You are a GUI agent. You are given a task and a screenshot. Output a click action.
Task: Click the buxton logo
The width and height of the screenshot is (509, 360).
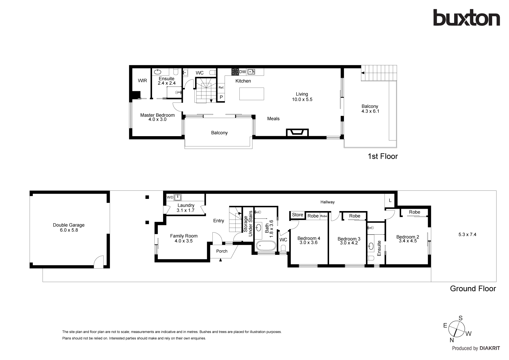(x=466, y=18)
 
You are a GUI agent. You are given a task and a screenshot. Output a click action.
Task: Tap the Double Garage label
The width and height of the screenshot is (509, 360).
(x=69, y=225)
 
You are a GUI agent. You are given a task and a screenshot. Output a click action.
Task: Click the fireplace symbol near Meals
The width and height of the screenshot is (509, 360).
(x=297, y=132)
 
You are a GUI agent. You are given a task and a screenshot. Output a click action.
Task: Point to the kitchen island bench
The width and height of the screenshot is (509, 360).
(x=252, y=94)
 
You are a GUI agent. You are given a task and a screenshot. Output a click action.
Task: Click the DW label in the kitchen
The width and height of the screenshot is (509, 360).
(x=243, y=72)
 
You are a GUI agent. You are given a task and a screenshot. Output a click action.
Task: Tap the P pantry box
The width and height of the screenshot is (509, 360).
(x=221, y=97)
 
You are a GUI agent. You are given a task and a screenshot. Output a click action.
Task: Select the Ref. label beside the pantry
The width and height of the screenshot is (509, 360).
(x=221, y=87)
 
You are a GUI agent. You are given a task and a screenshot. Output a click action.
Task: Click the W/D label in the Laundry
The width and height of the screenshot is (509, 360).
(x=170, y=197)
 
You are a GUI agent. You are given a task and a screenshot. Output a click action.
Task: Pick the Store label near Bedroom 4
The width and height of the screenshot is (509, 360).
(x=297, y=215)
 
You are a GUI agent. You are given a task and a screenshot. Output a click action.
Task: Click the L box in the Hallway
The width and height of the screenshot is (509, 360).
(x=390, y=201)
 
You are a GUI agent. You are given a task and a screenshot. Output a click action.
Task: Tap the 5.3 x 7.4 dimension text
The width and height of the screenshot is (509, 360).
(x=467, y=235)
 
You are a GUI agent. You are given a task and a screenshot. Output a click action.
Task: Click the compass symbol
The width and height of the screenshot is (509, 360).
(x=457, y=329)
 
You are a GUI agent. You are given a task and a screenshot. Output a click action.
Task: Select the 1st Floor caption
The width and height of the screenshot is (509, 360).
(x=382, y=156)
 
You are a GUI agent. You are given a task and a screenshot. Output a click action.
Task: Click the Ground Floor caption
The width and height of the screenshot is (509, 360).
(x=473, y=289)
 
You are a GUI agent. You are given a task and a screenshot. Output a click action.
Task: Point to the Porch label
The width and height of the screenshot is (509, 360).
(x=222, y=251)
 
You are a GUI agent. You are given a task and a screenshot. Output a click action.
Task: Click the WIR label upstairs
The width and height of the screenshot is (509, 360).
(x=142, y=81)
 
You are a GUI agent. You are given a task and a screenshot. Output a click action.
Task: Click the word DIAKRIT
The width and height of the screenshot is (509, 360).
(x=490, y=348)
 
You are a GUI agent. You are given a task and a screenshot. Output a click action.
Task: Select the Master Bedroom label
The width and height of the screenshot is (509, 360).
(x=157, y=115)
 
